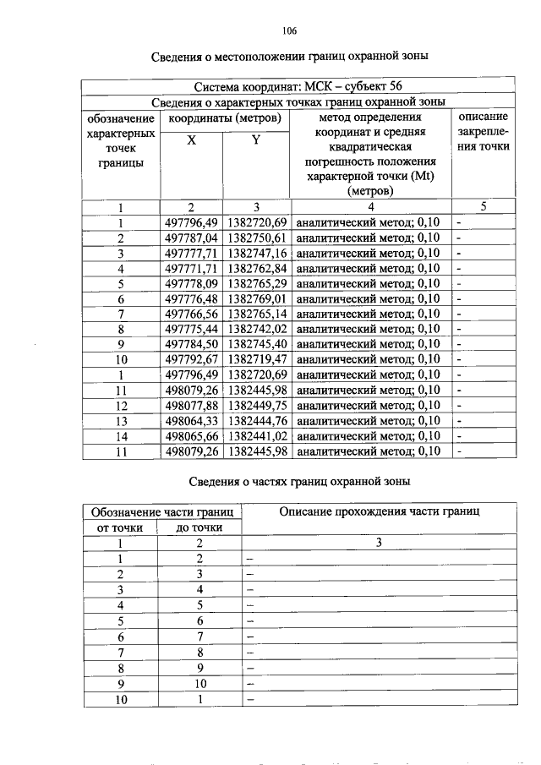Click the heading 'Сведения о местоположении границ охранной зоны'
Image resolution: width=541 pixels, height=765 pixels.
point(290,57)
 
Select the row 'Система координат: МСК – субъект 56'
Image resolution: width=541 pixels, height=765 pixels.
point(298,85)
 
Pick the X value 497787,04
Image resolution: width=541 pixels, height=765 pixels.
point(192,238)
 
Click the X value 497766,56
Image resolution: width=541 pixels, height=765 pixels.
point(192,314)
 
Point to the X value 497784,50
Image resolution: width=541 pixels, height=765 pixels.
point(192,344)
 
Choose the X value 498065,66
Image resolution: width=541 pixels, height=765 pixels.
point(192,435)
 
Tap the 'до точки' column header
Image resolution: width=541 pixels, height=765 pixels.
point(199,527)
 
